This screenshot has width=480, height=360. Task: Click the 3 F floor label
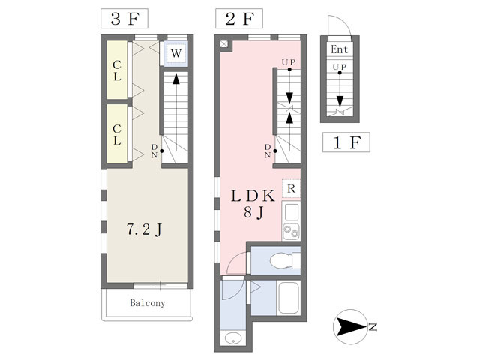(x=124, y=19)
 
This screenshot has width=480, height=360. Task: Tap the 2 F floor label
(x=239, y=19)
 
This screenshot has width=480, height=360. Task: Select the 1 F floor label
(x=346, y=142)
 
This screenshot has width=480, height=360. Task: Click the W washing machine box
(x=175, y=53)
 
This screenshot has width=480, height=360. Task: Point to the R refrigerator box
(x=291, y=188)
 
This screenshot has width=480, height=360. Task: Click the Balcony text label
(x=148, y=303)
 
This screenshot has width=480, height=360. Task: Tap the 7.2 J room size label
(x=144, y=229)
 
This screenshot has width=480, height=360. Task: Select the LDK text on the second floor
(x=253, y=196)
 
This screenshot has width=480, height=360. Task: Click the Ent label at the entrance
(x=340, y=49)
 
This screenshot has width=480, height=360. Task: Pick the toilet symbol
(x=285, y=261)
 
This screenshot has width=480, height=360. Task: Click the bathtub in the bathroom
(x=288, y=298)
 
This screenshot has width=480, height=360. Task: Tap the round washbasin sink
(x=233, y=338)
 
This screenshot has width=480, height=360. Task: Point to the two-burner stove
(x=291, y=232)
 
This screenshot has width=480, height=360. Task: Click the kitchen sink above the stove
(x=291, y=212)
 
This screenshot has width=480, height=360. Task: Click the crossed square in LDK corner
(x=224, y=44)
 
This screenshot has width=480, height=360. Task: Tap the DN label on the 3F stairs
(x=154, y=151)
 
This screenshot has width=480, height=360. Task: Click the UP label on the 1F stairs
(x=340, y=67)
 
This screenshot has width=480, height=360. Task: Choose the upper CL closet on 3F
(x=117, y=70)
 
